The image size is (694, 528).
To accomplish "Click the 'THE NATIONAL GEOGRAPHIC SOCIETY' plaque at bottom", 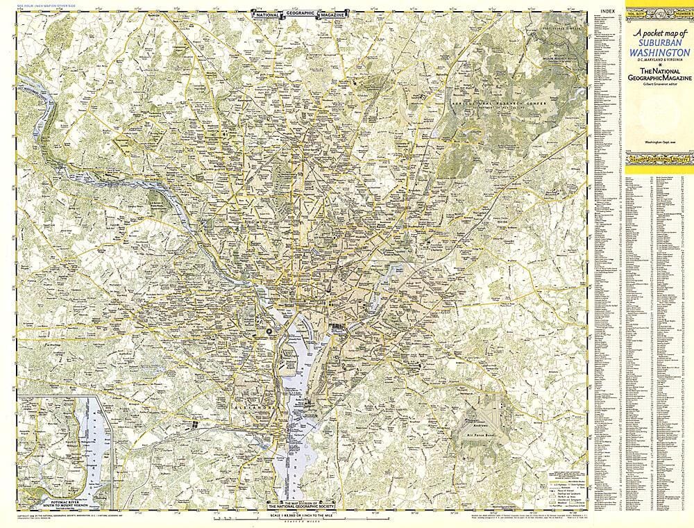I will coord(302,506).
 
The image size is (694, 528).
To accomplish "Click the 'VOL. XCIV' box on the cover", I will coord(639,13).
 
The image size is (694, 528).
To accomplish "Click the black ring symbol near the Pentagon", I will coord(267,333).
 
